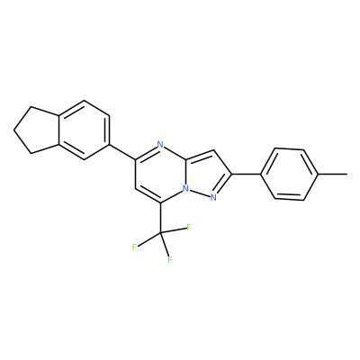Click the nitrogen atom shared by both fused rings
[186, 189]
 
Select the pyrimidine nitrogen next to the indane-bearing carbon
[160, 145]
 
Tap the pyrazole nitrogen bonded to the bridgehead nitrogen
[213, 197]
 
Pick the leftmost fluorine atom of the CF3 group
[135, 247]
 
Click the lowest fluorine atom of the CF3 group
[170, 260]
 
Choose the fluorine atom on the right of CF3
[189, 227]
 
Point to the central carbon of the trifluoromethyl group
[160, 233]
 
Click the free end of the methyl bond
[347, 174]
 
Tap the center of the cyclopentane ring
[38, 130]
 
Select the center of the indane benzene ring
[84, 130]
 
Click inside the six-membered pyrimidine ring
[160, 174]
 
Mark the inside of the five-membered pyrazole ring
[206, 175]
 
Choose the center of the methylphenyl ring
[290, 174]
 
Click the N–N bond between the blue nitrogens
[200, 193]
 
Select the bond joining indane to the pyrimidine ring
[122, 152]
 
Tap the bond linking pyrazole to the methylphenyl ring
[246, 174]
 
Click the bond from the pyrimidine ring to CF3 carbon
[160, 218]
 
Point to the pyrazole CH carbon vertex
[213, 150]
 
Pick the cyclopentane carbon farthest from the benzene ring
[13, 130]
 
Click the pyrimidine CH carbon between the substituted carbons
[135, 189]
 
